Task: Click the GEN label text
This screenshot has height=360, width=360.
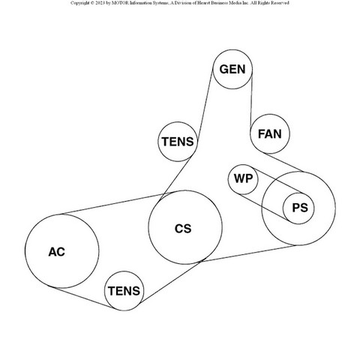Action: pyautogui.click(x=232, y=69)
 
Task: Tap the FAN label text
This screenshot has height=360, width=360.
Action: pyautogui.click(x=270, y=134)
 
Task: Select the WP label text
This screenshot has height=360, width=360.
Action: pyautogui.click(x=243, y=178)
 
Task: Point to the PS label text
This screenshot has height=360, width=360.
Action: pyautogui.click(x=300, y=208)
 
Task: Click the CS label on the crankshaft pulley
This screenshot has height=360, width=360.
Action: pyautogui.click(x=183, y=229)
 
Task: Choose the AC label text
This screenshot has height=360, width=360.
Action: pyautogui.click(x=56, y=252)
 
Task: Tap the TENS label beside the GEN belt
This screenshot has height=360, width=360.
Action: pyautogui.click(x=178, y=142)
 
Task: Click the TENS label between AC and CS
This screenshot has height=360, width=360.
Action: pyautogui.click(x=124, y=291)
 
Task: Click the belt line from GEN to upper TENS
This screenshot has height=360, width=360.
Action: pyautogui.click(x=205, y=105)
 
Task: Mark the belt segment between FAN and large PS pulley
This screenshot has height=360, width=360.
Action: pyautogui.click(x=283, y=162)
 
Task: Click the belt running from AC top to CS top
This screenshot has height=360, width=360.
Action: pyautogui.click(x=115, y=204)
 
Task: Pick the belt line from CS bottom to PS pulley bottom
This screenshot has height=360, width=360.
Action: pyautogui.click(x=248, y=253)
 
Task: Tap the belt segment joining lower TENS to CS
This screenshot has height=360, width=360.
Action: pyautogui.click(x=171, y=282)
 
